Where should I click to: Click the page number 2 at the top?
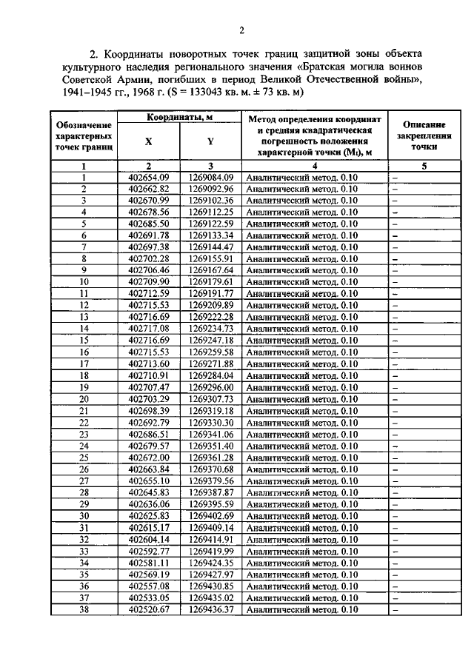tap(241, 30)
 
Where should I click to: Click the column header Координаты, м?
tap(180, 118)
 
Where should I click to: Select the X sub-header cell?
tap(149, 143)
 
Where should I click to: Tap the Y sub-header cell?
tap(211, 143)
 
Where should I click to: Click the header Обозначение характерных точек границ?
tap(84, 137)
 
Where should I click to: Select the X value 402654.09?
tap(149, 177)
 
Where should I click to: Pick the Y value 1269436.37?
tap(211, 609)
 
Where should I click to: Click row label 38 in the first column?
tap(84, 609)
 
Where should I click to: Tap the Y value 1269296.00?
tap(211, 387)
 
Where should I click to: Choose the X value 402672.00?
tap(149, 458)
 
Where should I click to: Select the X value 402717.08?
tap(149, 329)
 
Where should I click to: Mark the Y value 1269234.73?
tap(211, 329)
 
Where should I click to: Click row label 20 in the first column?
tap(84, 399)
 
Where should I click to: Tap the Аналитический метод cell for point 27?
tap(302, 480)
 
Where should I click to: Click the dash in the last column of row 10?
tap(395, 282)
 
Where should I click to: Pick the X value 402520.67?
tap(149, 609)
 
